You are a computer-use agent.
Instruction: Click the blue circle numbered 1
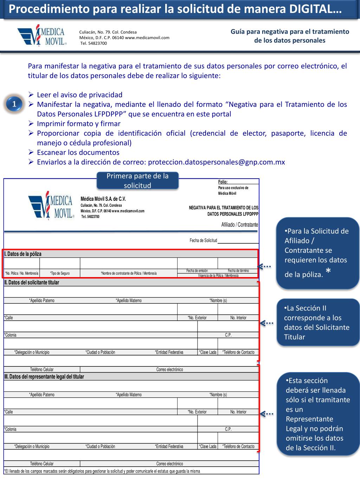click(14, 104)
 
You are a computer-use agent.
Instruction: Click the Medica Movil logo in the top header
click(41, 35)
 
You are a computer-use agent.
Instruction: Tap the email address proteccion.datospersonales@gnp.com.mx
click(217, 162)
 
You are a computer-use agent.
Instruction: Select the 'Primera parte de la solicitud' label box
click(137, 181)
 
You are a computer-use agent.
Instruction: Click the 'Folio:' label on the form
click(223, 182)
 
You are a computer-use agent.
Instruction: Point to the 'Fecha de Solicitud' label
click(203, 241)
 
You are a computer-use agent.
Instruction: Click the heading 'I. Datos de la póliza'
click(23, 254)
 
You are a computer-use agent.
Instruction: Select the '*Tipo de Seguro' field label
click(60, 273)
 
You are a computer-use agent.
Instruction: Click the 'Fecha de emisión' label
click(197, 271)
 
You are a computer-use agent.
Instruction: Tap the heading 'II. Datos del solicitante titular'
click(32, 282)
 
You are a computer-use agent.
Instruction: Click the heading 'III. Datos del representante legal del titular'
click(44, 377)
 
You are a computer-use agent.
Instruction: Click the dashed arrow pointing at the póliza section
click(264, 266)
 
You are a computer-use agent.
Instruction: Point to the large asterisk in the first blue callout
click(328, 271)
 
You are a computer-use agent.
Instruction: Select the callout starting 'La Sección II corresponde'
click(318, 322)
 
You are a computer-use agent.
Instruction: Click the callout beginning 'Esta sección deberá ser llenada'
click(318, 414)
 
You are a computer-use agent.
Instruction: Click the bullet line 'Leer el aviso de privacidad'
click(79, 95)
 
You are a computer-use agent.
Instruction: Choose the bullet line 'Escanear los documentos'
click(78, 152)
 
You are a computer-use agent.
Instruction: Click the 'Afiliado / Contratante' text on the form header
click(240, 225)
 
